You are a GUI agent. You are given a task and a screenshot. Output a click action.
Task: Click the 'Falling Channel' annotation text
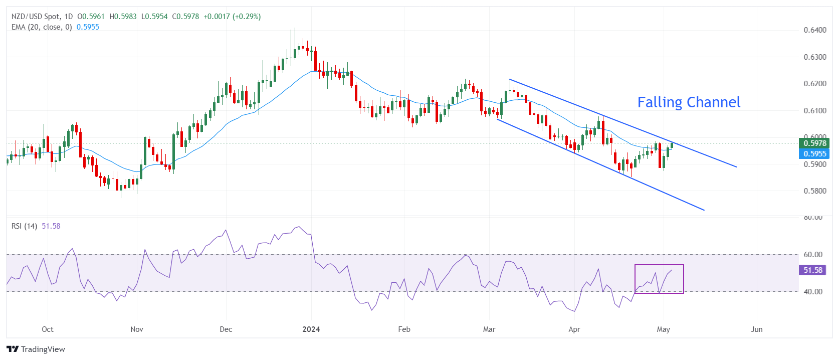(x=689, y=102)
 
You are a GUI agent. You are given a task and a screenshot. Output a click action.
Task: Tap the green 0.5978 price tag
(x=814, y=143)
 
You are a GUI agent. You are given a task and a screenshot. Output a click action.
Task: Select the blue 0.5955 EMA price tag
(x=814, y=154)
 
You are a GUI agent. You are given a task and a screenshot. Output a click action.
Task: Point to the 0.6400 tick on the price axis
(x=815, y=30)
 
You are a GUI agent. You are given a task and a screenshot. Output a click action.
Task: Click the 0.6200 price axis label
(x=815, y=84)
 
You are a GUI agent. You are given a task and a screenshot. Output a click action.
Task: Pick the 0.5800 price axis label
(x=815, y=191)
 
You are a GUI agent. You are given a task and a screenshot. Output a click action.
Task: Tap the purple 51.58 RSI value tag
(x=813, y=270)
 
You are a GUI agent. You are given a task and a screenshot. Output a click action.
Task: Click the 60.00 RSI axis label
(x=813, y=255)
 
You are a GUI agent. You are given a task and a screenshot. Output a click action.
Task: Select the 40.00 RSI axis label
(x=813, y=292)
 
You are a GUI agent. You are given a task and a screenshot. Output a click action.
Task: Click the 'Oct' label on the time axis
(x=48, y=329)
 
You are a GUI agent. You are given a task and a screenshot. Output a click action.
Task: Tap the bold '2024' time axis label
(x=311, y=329)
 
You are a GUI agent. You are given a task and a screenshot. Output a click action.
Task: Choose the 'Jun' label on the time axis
(x=757, y=329)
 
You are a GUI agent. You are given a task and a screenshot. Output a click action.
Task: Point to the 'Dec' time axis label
(x=226, y=329)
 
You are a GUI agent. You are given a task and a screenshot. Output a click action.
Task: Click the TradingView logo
(x=36, y=349)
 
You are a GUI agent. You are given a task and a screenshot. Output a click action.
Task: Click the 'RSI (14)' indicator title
(x=24, y=226)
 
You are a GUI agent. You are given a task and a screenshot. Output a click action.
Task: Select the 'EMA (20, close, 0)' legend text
(x=42, y=27)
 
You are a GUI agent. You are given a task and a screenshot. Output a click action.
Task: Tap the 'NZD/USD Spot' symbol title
(x=35, y=17)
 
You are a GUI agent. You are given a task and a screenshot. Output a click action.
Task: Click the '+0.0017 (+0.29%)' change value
(x=232, y=17)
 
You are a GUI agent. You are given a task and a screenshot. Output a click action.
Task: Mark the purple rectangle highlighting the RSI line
(x=659, y=279)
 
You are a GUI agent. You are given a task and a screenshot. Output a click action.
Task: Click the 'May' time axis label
(x=664, y=329)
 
